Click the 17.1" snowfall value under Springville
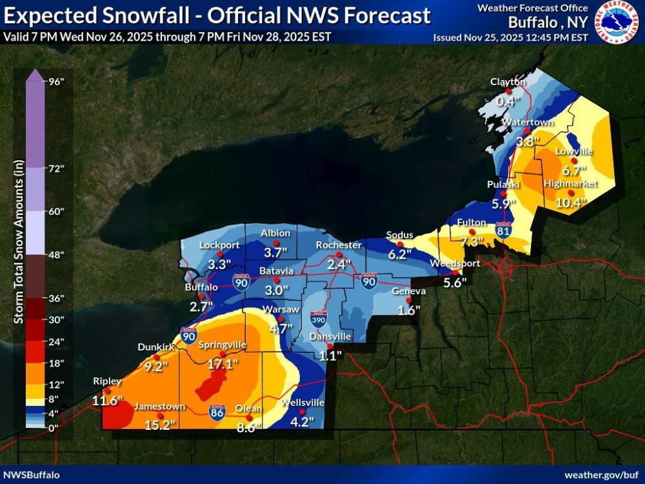click(223, 364)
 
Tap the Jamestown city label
click(159, 407)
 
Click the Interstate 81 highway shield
click(504, 230)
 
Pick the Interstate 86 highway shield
click(217, 411)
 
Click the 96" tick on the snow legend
click(57, 81)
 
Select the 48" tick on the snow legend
click(57, 254)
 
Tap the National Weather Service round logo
click(617, 22)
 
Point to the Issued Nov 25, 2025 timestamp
click(510, 37)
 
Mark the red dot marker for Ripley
click(108, 390)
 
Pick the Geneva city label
click(409, 291)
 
